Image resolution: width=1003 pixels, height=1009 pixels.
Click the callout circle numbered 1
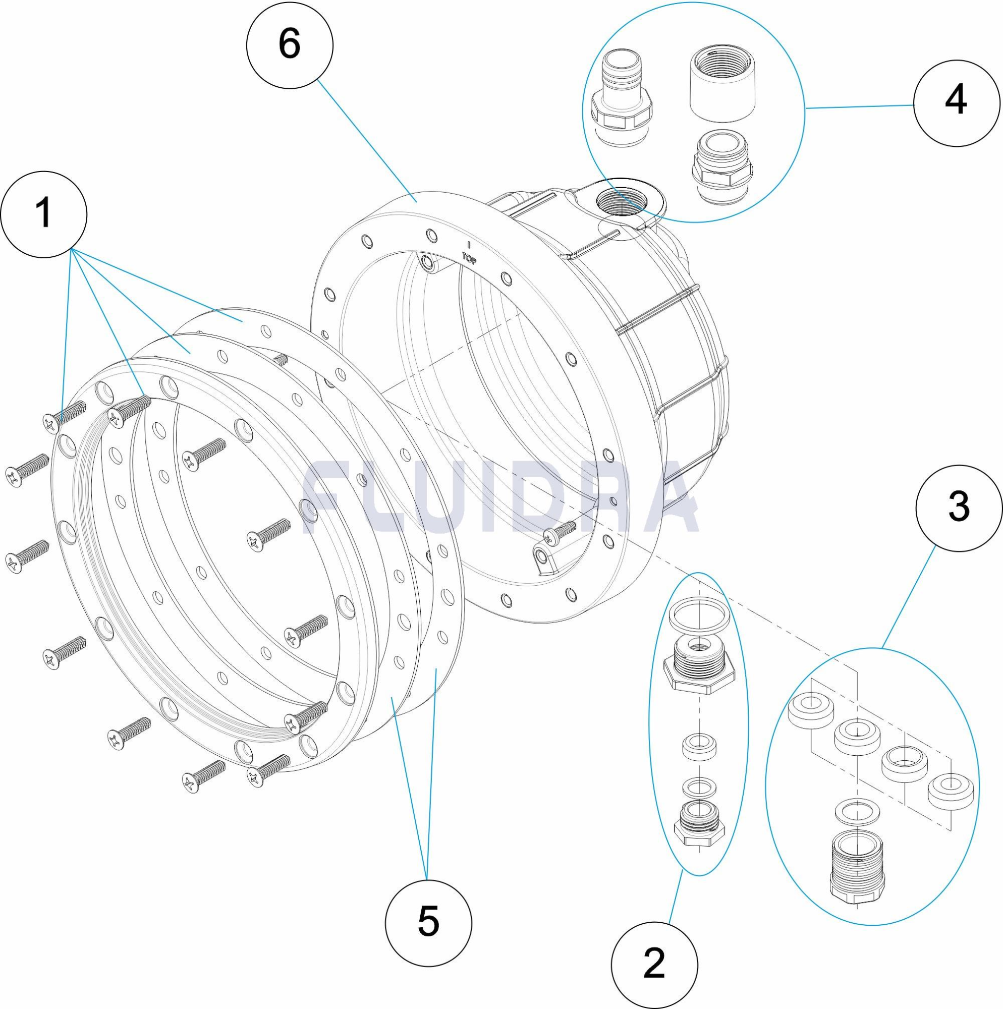(x=44, y=213)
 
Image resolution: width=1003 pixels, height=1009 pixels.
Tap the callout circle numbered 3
(x=959, y=508)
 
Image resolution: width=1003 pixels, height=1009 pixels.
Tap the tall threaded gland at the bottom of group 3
(x=857, y=867)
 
